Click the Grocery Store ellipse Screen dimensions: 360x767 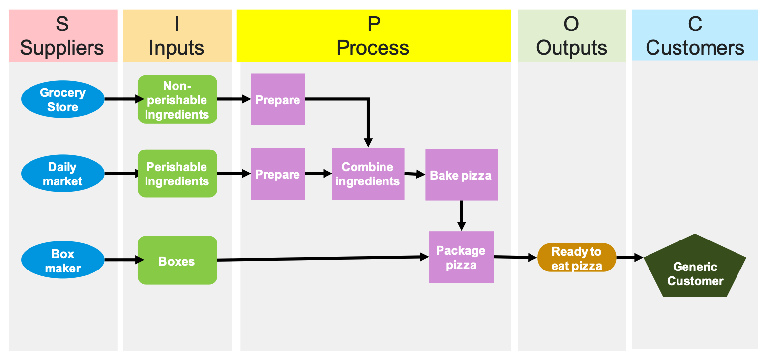(62, 99)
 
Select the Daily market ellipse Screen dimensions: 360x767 (62, 174)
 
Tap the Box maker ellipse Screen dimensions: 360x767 (62, 261)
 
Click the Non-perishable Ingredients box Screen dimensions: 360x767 (177, 99)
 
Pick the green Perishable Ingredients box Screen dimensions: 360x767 (177, 174)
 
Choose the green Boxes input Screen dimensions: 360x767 (177, 261)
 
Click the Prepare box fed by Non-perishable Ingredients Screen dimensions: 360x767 (278, 99)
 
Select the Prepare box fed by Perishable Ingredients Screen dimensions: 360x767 (278, 174)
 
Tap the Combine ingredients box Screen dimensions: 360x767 (368, 174)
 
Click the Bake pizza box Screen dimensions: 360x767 (461, 175)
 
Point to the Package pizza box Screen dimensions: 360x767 (461, 257)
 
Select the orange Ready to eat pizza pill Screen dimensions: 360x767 (576, 258)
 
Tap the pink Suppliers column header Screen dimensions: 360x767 (63, 36)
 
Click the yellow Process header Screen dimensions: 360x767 (373, 36)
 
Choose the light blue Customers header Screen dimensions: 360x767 (694, 36)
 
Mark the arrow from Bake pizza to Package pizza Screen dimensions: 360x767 (461, 214)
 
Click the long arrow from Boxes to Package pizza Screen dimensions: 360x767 (320, 259)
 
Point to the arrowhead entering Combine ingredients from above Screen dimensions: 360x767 (368, 142)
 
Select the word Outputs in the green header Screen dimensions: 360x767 (571, 48)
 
